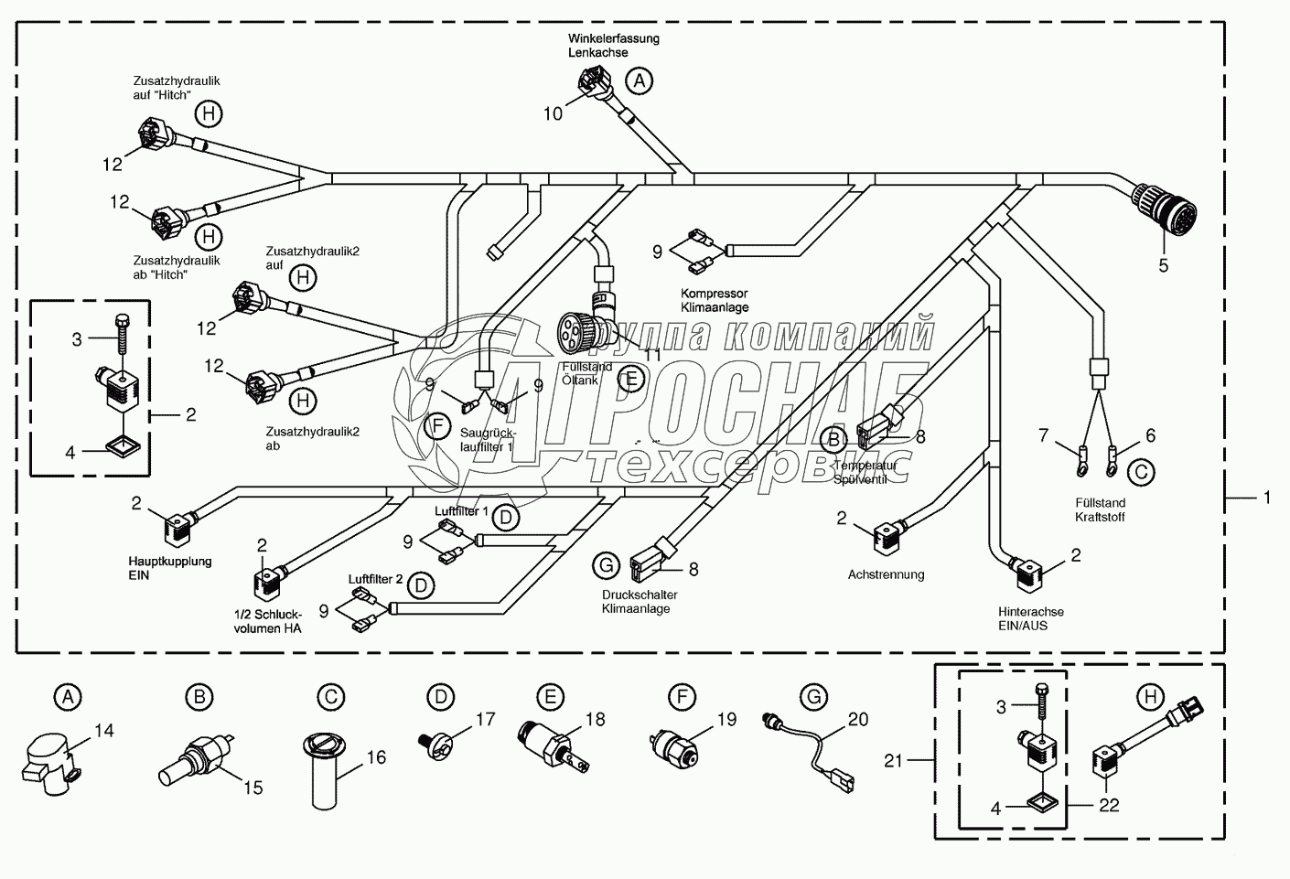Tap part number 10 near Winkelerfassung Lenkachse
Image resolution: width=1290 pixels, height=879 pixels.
point(554,113)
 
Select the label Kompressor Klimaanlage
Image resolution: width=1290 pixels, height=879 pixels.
point(714,300)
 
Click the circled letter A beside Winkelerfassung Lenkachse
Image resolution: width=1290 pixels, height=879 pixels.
point(640,80)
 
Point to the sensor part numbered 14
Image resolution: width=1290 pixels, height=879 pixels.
point(48,758)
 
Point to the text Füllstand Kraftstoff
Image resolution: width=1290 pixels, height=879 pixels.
point(1100,509)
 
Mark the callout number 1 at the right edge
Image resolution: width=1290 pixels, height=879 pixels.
point(1267,498)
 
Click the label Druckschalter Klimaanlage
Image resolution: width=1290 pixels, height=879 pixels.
point(640,602)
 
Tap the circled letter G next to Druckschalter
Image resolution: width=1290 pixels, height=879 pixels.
point(606,566)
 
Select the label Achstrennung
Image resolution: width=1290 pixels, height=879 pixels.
point(886,574)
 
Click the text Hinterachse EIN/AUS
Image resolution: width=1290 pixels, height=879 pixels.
point(1030,618)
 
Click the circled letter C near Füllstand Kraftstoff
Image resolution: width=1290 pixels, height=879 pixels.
point(1140,472)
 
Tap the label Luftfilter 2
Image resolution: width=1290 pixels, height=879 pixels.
point(375,579)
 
